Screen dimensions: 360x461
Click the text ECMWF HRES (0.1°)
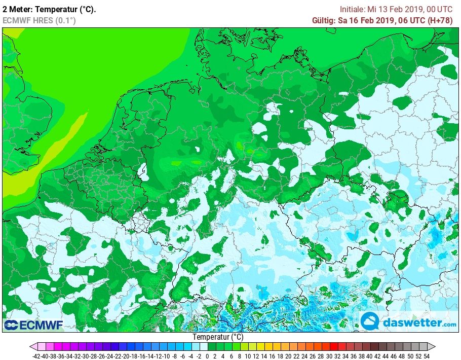tap(39, 20)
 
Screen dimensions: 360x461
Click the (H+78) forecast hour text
tap(440, 20)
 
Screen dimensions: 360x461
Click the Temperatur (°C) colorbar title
tap(218, 337)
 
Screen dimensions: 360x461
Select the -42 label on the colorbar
tap(36, 356)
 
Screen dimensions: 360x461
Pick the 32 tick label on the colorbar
tap(336, 356)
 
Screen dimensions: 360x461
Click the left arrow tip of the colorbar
tap(32, 347)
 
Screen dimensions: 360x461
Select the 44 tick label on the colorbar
tap(385, 356)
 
